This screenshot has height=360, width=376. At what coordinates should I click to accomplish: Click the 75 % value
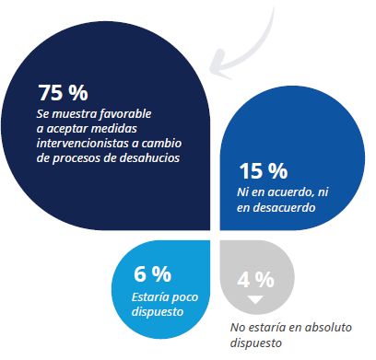63,92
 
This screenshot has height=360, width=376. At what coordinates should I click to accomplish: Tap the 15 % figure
264,171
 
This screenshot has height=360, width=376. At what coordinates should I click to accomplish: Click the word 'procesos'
88,157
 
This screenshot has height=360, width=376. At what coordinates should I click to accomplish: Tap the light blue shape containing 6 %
161,276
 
